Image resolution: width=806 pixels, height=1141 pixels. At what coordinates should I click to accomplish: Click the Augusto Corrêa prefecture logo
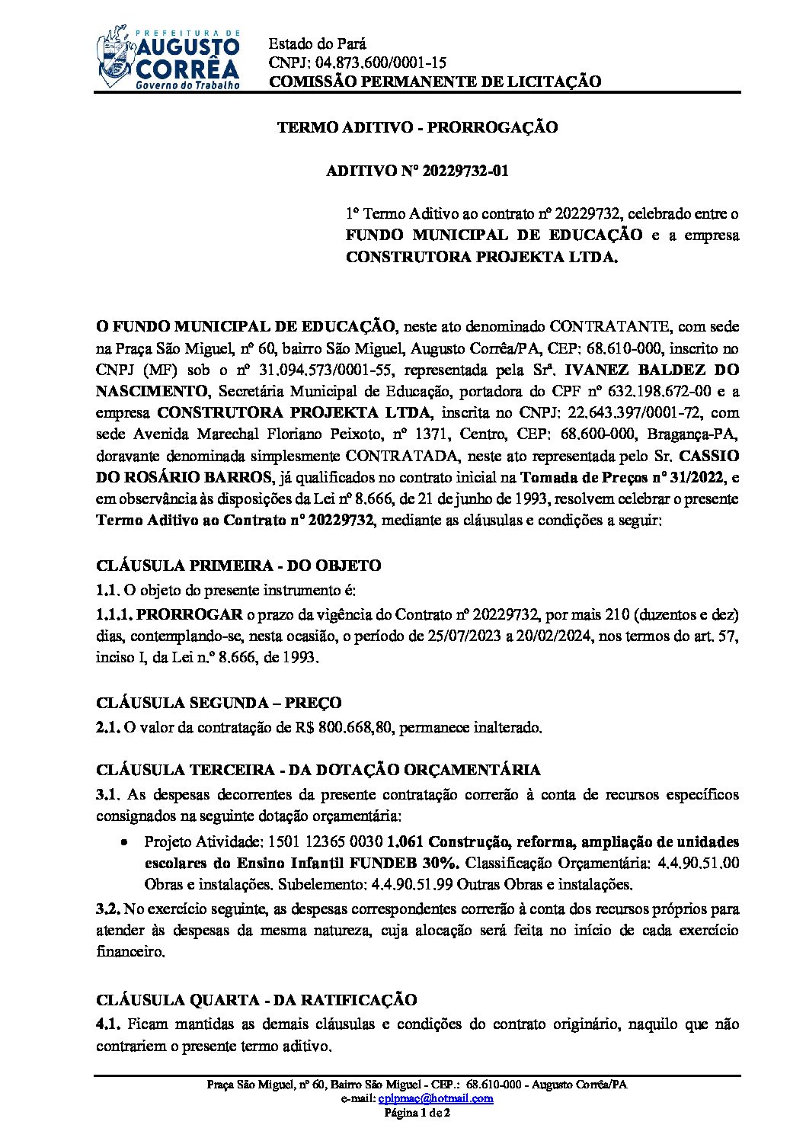[168, 58]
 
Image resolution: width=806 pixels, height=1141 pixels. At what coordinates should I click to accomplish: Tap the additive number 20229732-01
[458, 171]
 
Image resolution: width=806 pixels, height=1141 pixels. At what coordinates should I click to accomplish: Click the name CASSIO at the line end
[708, 456]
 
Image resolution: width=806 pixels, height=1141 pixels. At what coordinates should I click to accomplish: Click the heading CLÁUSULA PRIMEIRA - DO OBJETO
[238, 566]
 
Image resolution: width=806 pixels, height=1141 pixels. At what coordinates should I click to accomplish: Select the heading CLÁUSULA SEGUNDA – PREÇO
[219, 703]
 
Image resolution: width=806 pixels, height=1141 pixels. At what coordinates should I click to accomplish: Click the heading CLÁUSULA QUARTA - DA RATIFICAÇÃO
[256, 1000]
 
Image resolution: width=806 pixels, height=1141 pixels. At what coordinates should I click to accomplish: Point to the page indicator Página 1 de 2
[417, 1113]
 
